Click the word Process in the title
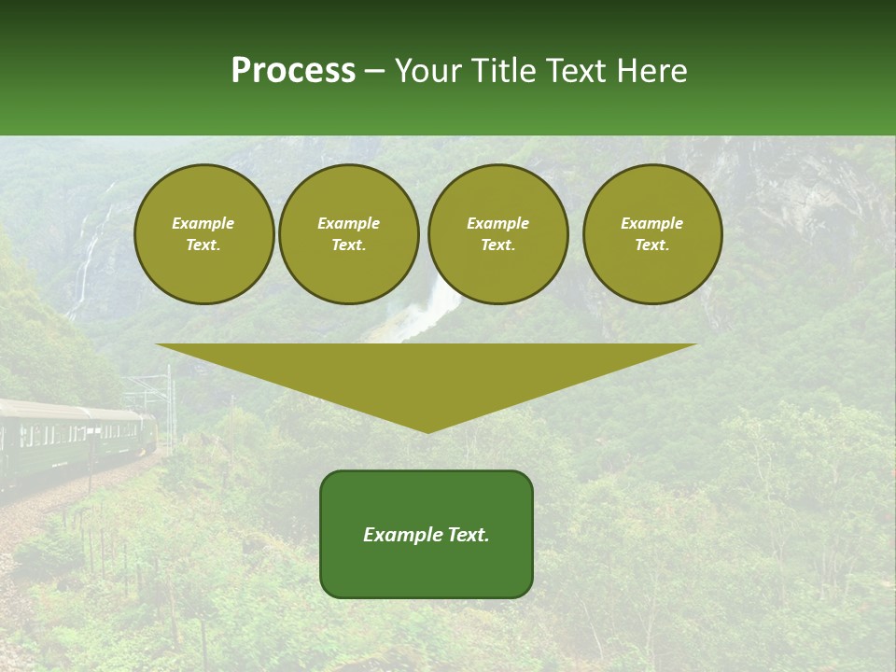pyautogui.click(x=293, y=71)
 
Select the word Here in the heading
pyautogui.click(x=652, y=71)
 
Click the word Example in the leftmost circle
pyautogui.click(x=203, y=223)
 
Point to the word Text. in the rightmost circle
pyautogui.click(x=652, y=245)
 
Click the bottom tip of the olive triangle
pyautogui.click(x=427, y=430)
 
